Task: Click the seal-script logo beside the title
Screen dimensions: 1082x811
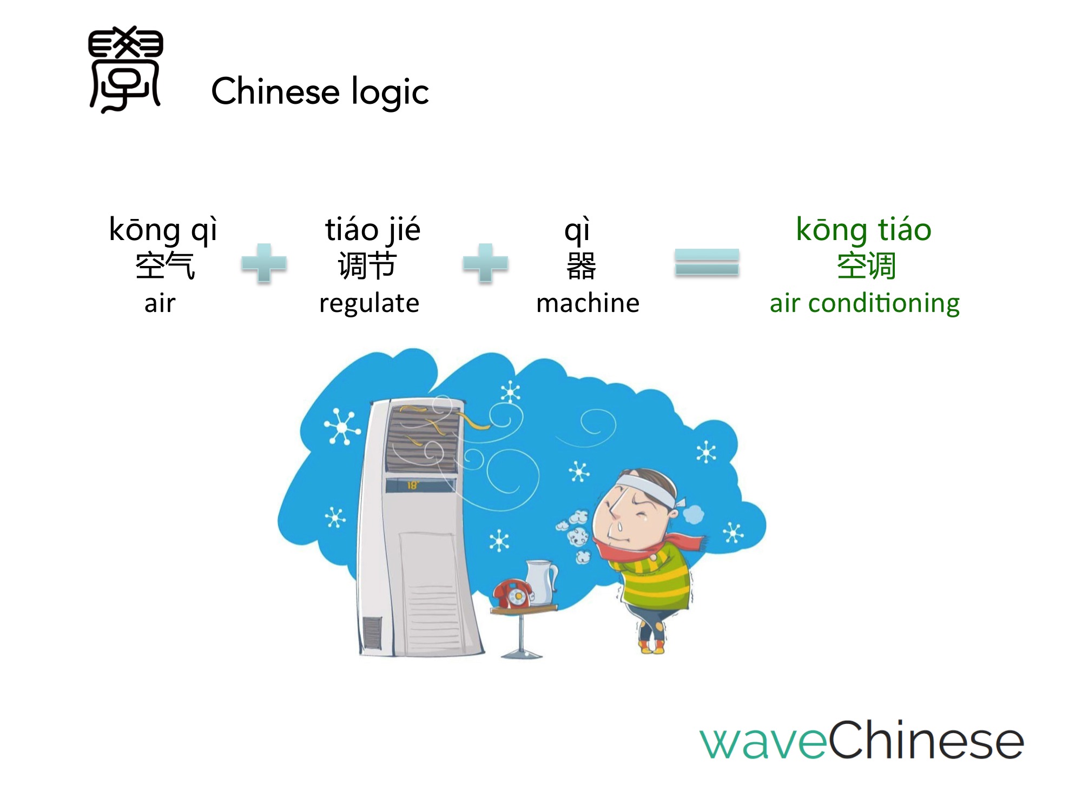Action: coord(126,69)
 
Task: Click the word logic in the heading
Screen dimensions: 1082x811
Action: coord(390,92)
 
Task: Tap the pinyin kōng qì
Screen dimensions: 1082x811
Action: coord(163,229)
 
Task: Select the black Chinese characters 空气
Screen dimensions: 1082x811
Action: coord(164,265)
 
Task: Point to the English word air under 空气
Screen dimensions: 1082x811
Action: coord(160,303)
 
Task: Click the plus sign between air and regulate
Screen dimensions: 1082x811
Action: coord(264,263)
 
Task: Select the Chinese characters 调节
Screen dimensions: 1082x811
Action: coord(367,265)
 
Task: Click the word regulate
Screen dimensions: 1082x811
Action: coord(370,303)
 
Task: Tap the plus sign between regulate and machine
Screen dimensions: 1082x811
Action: coord(486,263)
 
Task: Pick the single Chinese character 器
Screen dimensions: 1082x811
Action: coord(581,265)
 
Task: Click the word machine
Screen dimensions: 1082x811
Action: coord(588,303)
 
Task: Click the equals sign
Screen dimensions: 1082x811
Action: coord(707,262)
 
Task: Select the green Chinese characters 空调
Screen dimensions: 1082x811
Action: coord(866,265)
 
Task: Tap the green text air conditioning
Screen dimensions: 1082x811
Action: coord(865,303)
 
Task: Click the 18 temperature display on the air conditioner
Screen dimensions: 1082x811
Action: coord(413,485)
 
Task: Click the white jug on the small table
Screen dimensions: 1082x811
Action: coord(542,582)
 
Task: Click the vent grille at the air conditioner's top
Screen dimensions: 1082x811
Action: coord(423,438)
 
